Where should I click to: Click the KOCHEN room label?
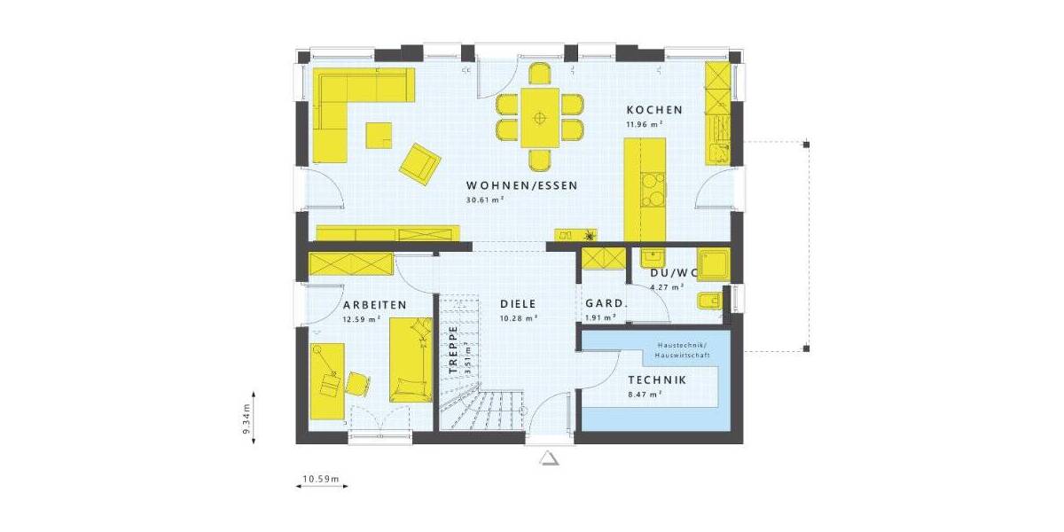[654, 110]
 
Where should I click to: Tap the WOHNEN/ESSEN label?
[522, 186]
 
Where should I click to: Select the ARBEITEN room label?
[374, 305]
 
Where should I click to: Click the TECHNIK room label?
[657, 379]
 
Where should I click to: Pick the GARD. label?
[606, 304]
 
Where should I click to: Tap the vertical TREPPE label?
[452, 348]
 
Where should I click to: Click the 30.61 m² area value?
[484, 200]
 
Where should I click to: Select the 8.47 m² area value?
[645, 394]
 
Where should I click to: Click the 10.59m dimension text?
[321, 480]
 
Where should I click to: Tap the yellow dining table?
[539, 117]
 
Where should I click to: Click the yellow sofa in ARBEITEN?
[411, 360]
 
